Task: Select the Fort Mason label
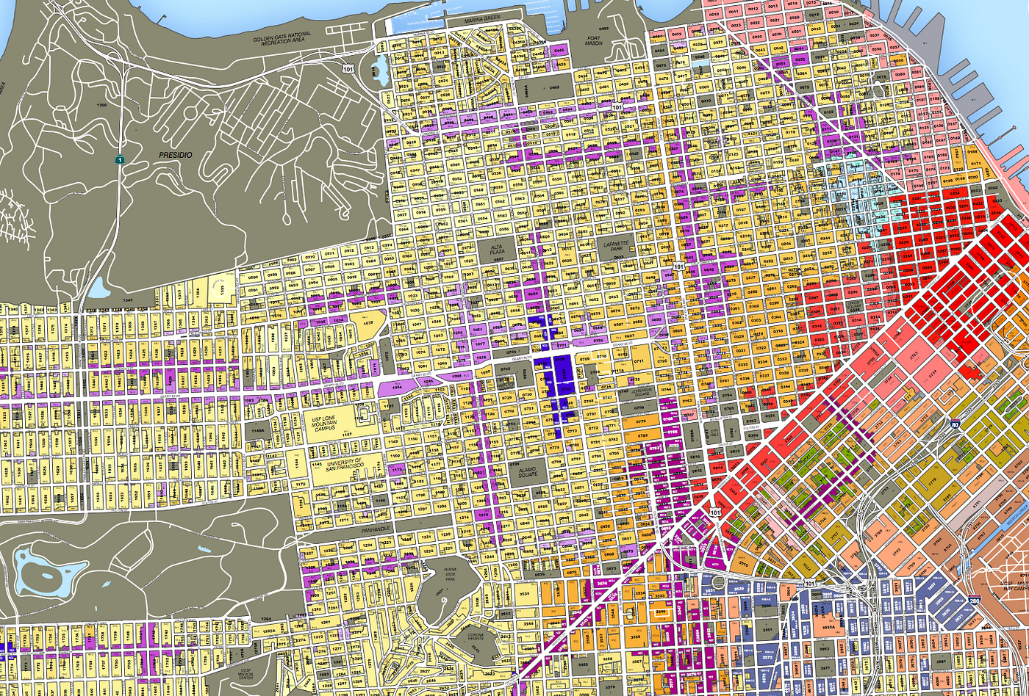[x=588, y=40]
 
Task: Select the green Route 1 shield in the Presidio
[x=118, y=159]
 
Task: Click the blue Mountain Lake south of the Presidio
[x=98, y=288]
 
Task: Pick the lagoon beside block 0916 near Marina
[x=381, y=70]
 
